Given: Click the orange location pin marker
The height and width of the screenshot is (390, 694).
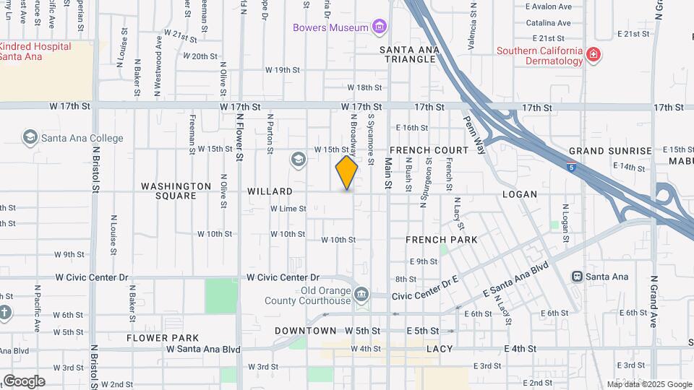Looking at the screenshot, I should click(346, 173).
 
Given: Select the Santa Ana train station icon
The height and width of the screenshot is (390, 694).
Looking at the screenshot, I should click(577, 276).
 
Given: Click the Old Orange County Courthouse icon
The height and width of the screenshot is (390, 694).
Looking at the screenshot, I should click(361, 294).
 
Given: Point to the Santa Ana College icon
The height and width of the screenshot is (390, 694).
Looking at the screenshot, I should click(30, 137).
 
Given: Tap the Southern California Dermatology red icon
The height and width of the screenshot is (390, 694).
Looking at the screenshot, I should click(594, 56).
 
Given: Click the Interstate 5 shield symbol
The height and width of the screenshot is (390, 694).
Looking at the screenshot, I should click(572, 168).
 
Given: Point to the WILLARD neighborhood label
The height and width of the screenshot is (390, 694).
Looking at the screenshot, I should click(270, 192).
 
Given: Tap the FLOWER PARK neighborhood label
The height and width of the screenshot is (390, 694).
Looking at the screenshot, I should click(163, 338).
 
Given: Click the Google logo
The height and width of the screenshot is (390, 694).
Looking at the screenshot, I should click(24, 381).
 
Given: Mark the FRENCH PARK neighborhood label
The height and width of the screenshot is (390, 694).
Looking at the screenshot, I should click(441, 239).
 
